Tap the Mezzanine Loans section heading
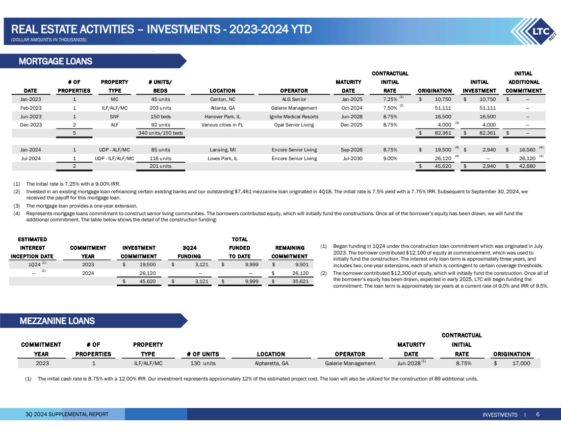pyautogui.click(x=57, y=321)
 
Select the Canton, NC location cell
pyautogui.click(x=219, y=99)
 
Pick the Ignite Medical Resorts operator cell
pyautogui.click(x=293, y=116)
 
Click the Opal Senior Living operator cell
pyautogui.click(x=293, y=125)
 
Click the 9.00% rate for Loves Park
pyautogui.click(x=390, y=159)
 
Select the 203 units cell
pyautogui.click(x=161, y=108)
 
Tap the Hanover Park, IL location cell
pyautogui.click(x=219, y=116)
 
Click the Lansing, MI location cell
pyautogui.click(x=219, y=150)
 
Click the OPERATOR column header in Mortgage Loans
pyautogui.click(x=293, y=91)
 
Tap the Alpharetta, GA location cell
pyautogui.click(x=271, y=364)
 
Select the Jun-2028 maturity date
pyautogui.click(x=408, y=364)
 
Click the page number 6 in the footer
pyautogui.click(x=538, y=415)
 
